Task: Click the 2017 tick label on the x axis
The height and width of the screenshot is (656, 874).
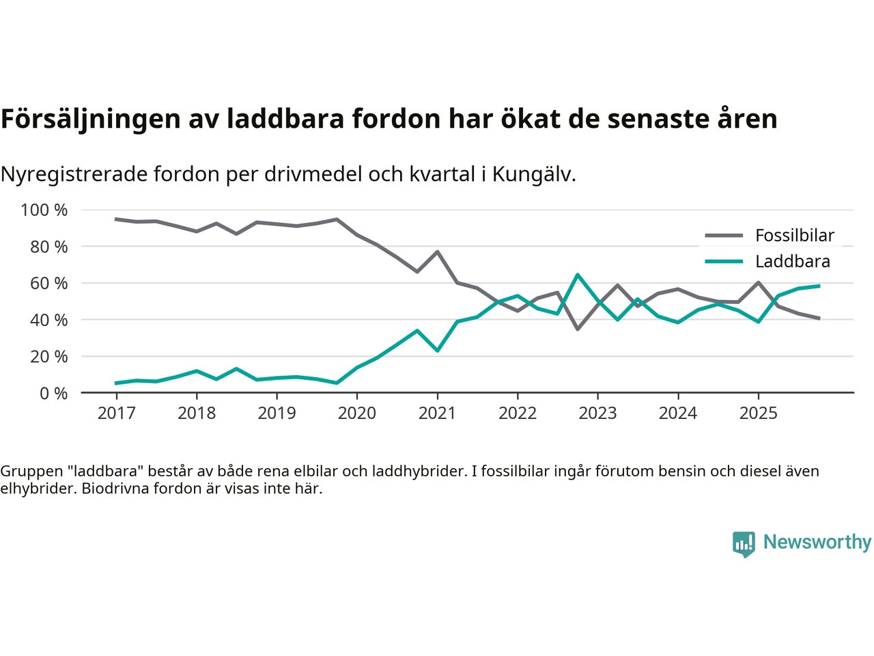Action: click(116, 413)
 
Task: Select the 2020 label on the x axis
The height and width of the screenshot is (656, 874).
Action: click(357, 413)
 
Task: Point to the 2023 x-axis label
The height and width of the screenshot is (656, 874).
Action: click(597, 413)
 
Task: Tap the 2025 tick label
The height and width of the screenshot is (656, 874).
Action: click(758, 413)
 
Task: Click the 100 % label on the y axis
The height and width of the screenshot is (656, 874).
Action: click(44, 210)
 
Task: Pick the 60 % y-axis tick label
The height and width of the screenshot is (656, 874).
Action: click(48, 283)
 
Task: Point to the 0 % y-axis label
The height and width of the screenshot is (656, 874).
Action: click(53, 393)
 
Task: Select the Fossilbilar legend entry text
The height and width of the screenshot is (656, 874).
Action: click(795, 236)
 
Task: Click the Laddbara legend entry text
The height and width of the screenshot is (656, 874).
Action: click(793, 262)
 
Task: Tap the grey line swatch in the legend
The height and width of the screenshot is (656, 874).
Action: click(724, 236)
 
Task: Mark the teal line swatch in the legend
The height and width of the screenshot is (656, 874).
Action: click(724, 262)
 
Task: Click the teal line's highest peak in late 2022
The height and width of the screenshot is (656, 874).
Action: click(578, 275)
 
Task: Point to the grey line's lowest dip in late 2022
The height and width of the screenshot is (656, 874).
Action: click(578, 329)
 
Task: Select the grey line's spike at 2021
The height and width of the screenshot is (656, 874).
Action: click(437, 252)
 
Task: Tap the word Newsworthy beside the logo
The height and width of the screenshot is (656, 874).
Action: click(817, 542)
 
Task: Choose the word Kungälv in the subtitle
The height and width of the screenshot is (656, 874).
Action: click(533, 174)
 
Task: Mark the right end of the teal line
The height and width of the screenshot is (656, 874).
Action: click(819, 286)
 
